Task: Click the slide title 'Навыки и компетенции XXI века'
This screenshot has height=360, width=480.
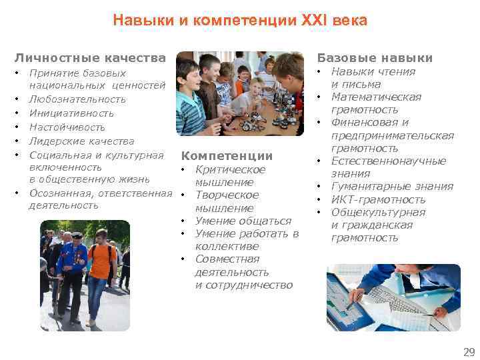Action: click(240, 21)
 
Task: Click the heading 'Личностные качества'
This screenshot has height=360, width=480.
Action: click(90, 58)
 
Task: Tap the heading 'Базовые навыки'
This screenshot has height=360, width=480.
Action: click(375, 58)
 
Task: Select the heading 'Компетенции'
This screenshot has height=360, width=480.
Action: click(227, 156)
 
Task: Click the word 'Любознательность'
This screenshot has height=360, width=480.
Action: click(77, 99)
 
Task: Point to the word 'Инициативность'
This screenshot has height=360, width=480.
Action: click(73, 113)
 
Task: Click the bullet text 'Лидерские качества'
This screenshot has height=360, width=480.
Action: click(81, 141)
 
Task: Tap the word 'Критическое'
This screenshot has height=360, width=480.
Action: click(230, 169)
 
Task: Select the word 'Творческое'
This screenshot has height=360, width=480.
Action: click(227, 195)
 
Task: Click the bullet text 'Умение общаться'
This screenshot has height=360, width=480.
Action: click(243, 221)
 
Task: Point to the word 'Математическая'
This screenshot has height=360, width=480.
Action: click(376, 97)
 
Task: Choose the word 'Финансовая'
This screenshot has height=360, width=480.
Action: click(365, 123)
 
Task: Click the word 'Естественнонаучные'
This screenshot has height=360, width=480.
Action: click(389, 161)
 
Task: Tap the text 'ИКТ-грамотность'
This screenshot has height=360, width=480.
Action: click(378, 199)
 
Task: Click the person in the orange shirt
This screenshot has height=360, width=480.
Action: click(101, 267)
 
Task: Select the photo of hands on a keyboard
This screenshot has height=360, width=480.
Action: click(393, 298)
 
